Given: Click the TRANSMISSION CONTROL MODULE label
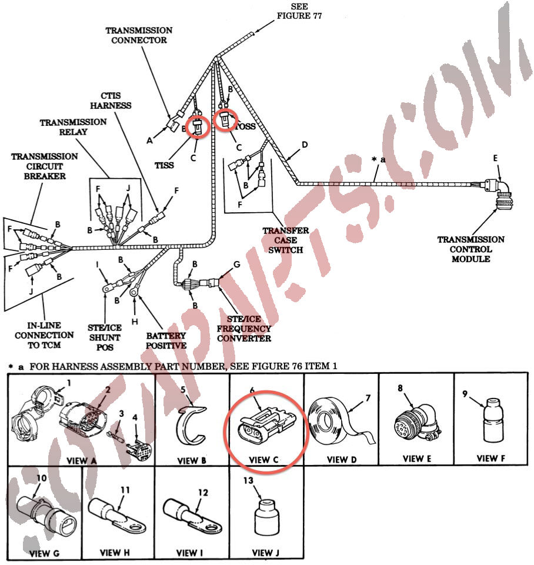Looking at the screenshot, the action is pyautogui.click(x=470, y=249).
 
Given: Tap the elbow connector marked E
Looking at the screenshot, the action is pyautogui.click(x=499, y=195).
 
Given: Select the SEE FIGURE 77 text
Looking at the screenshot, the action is pyautogui.click(x=299, y=11).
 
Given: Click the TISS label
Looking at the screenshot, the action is pyautogui.click(x=164, y=165).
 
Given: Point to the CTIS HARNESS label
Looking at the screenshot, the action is pyautogui.click(x=111, y=101).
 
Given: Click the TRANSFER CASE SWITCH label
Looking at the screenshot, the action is pyautogui.click(x=285, y=240).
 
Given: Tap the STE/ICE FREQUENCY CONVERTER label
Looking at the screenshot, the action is pyautogui.click(x=244, y=329).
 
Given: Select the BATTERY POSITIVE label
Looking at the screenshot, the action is pyautogui.click(x=166, y=340).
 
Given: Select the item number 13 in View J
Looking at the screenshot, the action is pyautogui.click(x=248, y=480).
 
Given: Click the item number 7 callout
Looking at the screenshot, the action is pyautogui.click(x=368, y=398).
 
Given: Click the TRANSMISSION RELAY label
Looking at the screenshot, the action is pyautogui.click(x=73, y=127).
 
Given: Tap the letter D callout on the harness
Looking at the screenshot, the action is pyautogui.click(x=305, y=145).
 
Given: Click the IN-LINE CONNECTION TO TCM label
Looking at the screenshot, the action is pyautogui.click(x=44, y=335).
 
